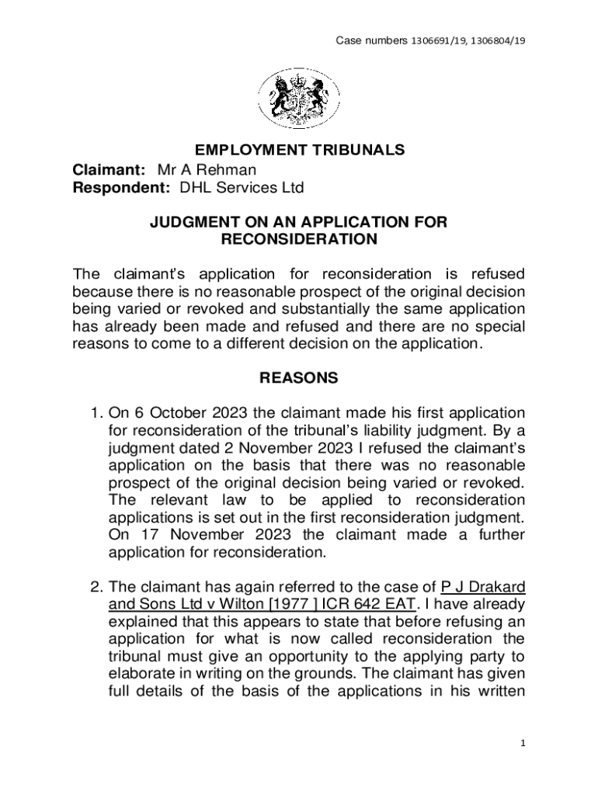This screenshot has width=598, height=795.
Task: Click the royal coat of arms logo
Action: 298,98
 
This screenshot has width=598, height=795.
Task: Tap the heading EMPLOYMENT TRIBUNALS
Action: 299,149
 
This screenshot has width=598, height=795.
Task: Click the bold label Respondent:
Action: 122,187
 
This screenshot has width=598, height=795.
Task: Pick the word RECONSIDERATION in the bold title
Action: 299,240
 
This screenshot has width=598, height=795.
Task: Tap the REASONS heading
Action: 299,378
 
